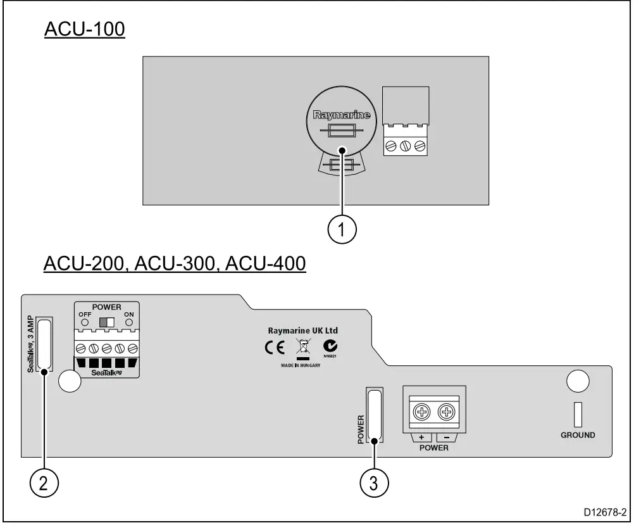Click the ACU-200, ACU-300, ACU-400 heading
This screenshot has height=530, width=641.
pos(175,263)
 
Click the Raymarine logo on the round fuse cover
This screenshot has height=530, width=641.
pos(342,116)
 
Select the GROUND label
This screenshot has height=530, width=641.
pos(577,436)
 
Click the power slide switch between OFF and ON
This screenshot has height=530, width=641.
pos(107,322)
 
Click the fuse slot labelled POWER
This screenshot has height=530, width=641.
pos(375,415)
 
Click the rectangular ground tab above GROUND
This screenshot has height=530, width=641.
pos(577,414)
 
